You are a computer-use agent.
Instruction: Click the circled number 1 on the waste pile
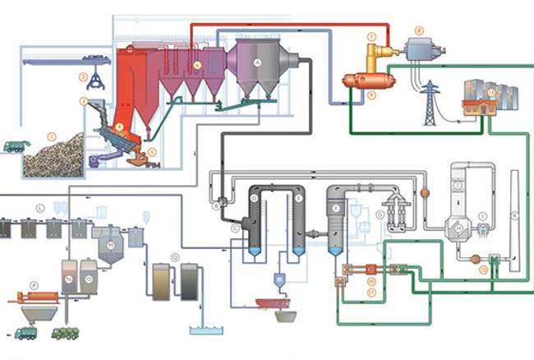tap(51, 135)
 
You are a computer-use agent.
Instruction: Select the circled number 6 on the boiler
tap(196, 64)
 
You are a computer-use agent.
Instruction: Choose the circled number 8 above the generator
tap(418, 30)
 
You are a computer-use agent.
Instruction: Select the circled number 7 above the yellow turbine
tap(372, 37)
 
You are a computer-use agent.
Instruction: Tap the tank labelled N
tap(70, 277)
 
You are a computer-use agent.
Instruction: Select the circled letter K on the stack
tap(516, 215)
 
